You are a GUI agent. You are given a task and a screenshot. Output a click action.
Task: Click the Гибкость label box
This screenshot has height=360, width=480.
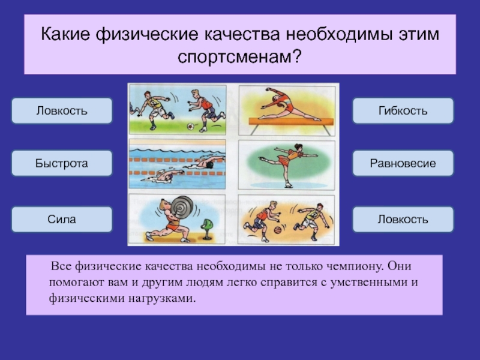[x=403, y=110]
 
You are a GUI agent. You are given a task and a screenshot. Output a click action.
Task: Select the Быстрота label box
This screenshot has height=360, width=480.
[x=62, y=163]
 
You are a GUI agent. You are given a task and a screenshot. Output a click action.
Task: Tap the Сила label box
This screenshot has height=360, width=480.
[x=62, y=219]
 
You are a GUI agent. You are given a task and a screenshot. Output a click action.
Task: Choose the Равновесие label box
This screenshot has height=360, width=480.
[x=403, y=163]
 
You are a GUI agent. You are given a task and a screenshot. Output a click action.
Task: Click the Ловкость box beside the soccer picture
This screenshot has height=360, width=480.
[x=62, y=110]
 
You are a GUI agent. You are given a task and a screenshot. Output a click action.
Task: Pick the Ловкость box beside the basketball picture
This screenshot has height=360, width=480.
[x=403, y=219]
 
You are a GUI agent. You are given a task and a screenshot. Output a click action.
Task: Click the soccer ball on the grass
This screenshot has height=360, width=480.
[x=190, y=126]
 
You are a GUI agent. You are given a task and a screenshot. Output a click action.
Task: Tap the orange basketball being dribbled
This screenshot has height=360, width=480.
[x=278, y=230]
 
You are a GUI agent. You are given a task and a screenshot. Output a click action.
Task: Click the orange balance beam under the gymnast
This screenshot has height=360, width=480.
[x=291, y=122]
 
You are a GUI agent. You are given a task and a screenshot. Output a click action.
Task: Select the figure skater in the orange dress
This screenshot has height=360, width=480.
[x=289, y=164]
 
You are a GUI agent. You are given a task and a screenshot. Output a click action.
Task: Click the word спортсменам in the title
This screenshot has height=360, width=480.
[x=235, y=56]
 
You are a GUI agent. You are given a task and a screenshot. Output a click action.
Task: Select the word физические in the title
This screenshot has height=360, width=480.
[x=147, y=34]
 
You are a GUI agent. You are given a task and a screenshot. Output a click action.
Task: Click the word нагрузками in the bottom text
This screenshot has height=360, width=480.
[x=161, y=298]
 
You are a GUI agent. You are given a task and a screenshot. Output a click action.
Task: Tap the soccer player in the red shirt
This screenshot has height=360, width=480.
[x=206, y=110]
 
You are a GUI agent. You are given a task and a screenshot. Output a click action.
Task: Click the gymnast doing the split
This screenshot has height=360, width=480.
[x=289, y=104]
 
